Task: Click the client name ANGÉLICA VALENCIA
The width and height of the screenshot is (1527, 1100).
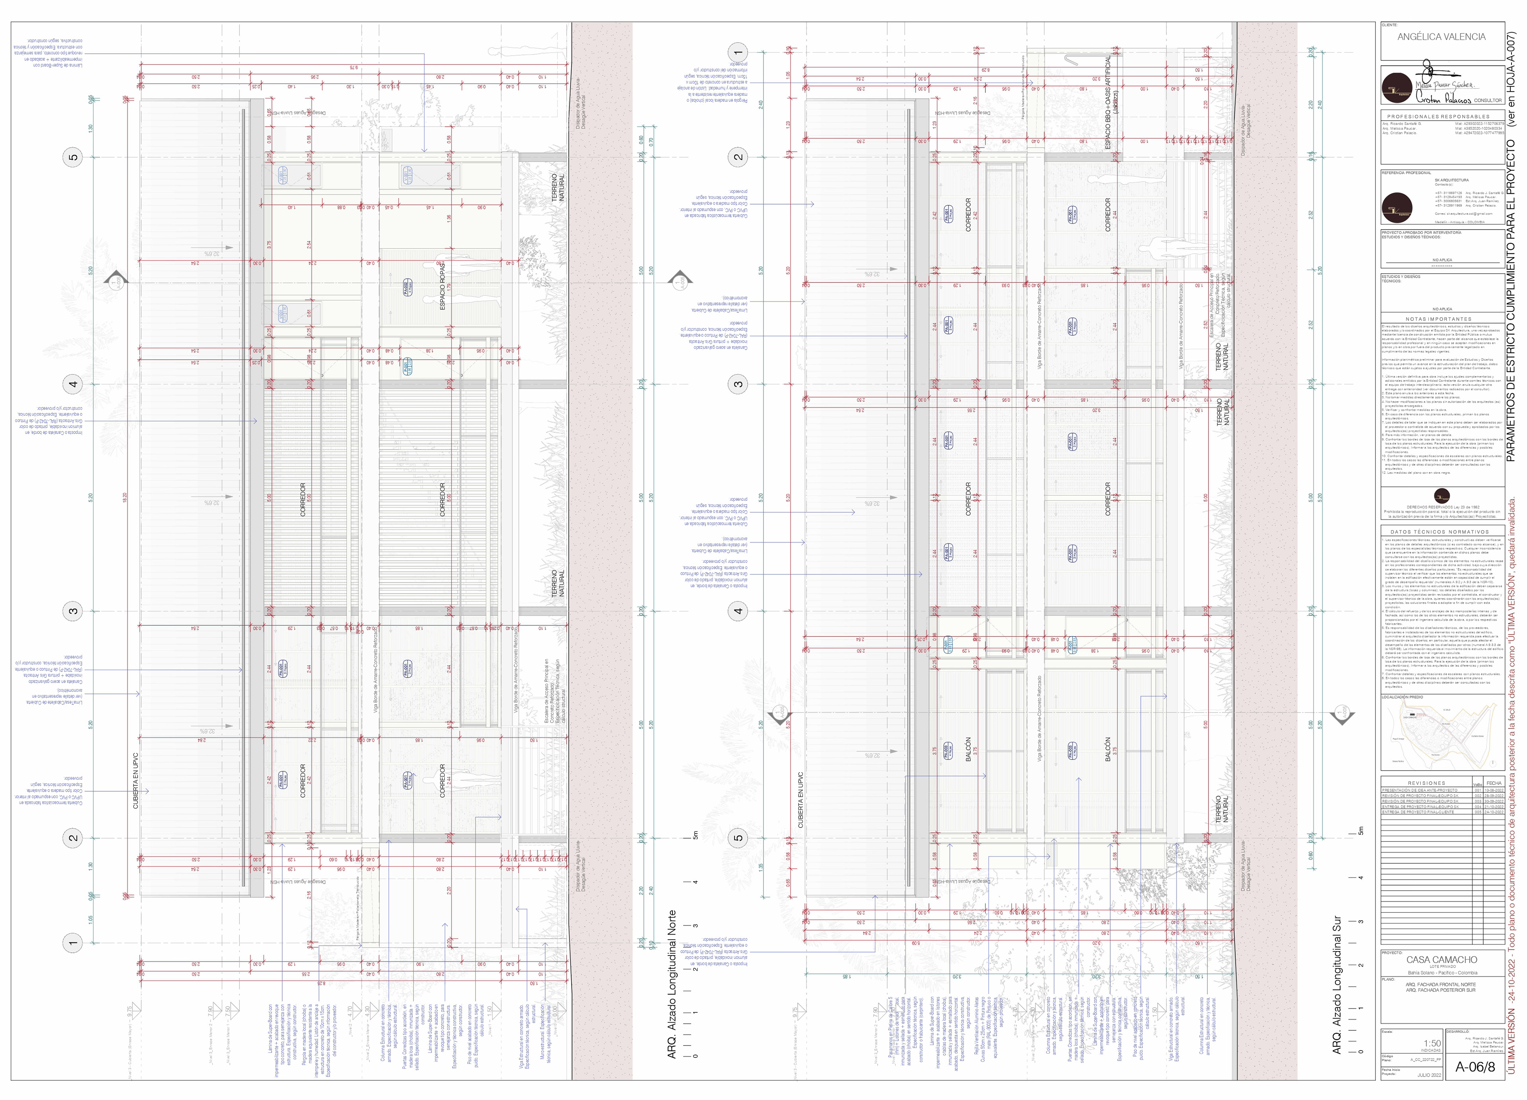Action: tap(1441, 37)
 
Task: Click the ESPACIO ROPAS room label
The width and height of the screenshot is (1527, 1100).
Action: tap(442, 286)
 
